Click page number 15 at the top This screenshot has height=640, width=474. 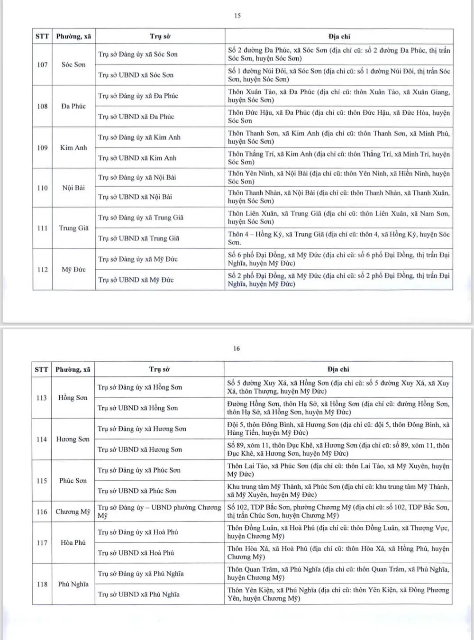pos(237,16)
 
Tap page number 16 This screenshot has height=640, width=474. pos(237,348)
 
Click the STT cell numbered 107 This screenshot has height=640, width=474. pos(42,64)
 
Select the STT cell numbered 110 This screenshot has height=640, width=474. pos(42,188)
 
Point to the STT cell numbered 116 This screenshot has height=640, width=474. pos(42,512)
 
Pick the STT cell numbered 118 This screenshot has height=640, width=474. pos(42,584)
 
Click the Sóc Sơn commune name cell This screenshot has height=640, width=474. pos(73,64)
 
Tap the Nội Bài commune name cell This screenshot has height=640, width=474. pos(73,188)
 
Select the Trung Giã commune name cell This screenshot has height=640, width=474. pos(73,228)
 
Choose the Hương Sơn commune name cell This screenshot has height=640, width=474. pos(73,439)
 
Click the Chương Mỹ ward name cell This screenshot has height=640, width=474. pos(73,512)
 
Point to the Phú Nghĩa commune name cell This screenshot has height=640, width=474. pos(73,584)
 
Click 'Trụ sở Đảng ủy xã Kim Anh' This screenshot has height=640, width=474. pos(139,137)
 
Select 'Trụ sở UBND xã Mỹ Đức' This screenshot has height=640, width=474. pos(136,280)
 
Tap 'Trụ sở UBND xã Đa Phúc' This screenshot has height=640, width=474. pos(136,117)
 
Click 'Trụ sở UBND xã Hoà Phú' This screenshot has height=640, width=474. pos(136,553)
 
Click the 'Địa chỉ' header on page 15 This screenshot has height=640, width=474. pos(339,37)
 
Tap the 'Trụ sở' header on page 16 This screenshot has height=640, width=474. pos(159,369)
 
